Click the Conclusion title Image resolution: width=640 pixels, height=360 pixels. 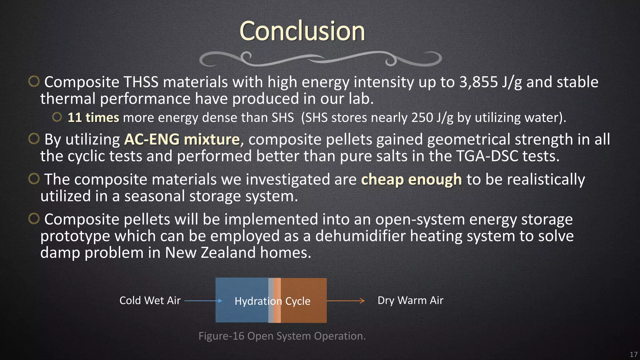point(302,31)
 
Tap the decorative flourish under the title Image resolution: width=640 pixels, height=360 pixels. point(320,59)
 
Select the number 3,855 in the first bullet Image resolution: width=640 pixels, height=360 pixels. point(478,82)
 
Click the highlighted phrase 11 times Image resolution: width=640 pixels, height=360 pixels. point(93,118)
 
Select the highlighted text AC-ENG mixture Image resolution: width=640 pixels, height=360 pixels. point(182,139)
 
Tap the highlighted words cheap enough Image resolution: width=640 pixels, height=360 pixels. point(411,180)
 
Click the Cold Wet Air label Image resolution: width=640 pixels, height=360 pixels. point(150,301)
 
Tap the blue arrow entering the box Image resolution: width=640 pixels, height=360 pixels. point(203,301)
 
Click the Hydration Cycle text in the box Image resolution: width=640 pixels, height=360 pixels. point(272,301)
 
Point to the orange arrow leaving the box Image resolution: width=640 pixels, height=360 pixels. point(346,301)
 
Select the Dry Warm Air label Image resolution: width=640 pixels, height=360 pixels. point(410,301)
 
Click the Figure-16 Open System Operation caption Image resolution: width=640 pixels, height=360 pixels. point(282,336)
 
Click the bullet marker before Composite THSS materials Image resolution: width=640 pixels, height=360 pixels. point(34,82)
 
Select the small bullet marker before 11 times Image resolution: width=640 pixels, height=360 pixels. point(57,117)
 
